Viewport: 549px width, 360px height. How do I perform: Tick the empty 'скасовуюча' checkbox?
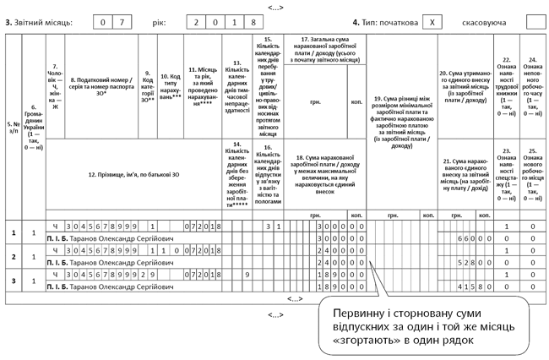coord(535,22)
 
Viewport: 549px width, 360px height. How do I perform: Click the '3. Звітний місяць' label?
coord(37,22)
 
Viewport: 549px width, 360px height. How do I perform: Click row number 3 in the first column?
coord(13,281)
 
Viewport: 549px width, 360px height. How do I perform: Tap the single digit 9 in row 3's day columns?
coord(246,275)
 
